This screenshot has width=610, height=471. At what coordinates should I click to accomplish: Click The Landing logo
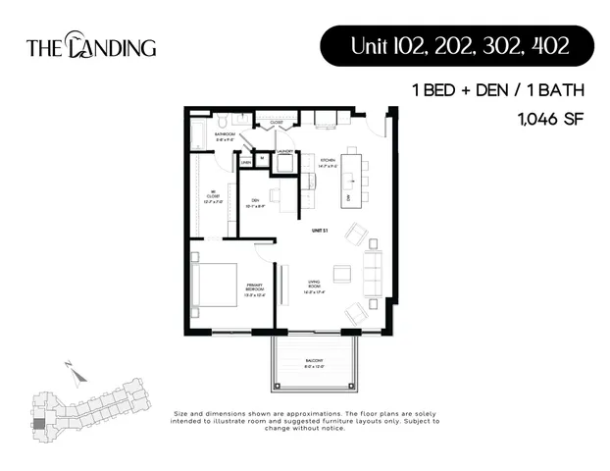90,46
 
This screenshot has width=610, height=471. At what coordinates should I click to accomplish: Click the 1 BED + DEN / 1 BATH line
498,91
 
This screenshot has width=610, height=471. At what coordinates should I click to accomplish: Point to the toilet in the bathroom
225,122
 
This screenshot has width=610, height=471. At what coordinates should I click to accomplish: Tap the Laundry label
284,151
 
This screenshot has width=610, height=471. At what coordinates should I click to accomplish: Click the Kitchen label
327,161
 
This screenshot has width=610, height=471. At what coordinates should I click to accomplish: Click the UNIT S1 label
318,230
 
